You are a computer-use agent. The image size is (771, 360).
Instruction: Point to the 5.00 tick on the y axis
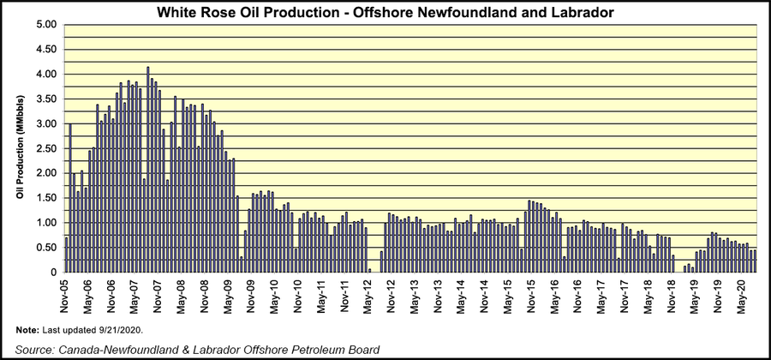(x=44, y=25)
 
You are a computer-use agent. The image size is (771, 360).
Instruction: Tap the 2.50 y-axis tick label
(x=44, y=148)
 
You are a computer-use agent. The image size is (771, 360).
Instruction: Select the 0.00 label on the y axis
(x=44, y=273)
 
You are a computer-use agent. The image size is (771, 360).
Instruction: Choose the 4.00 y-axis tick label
(x=44, y=75)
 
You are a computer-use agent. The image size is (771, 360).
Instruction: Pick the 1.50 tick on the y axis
(x=44, y=198)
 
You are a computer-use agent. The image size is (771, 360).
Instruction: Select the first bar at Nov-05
(x=67, y=255)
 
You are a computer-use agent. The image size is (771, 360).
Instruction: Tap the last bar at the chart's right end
(x=755, y=261)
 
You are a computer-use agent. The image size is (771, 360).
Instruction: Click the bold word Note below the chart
(x=27, y=330)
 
